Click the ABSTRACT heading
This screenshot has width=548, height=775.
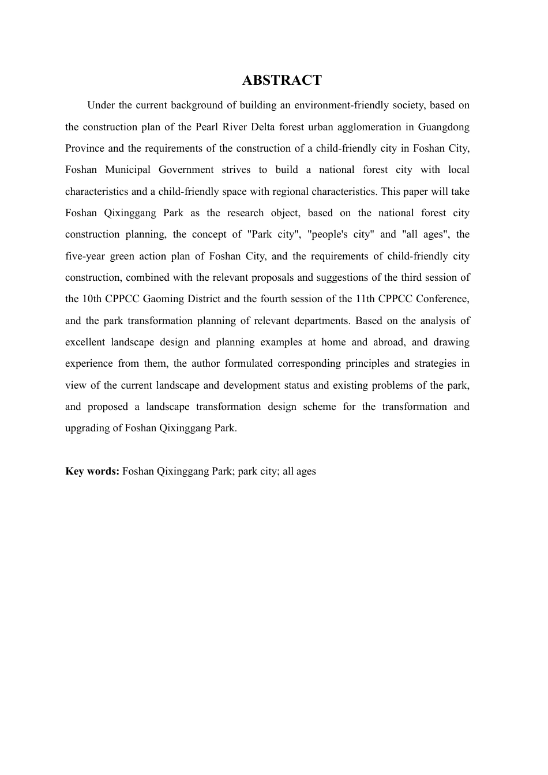tap(281, 80)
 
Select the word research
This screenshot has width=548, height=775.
tap(245, 213)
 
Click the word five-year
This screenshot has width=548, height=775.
tap(85, 256)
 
